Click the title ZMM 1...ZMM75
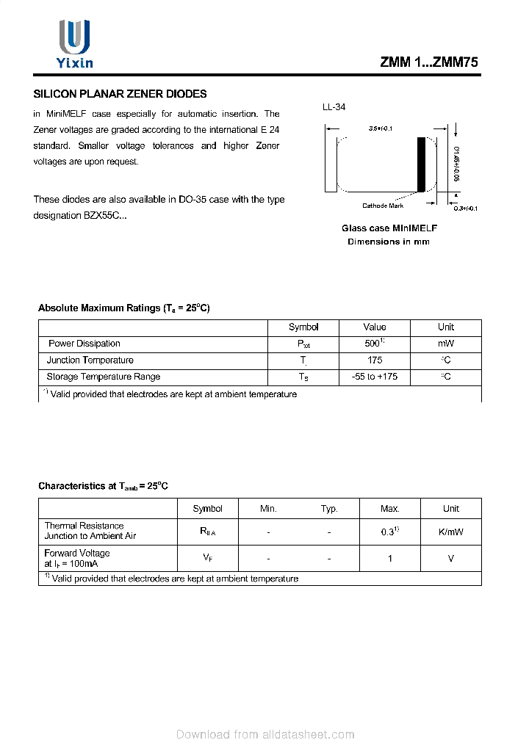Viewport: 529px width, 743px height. pyautogui.click(x=429, y=63)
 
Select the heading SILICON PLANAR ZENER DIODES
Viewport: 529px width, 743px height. pyautogui.click(x=120, y=94)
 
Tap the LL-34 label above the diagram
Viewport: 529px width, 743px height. pyautogui.click(x=334, y=107)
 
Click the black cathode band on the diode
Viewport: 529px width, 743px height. pyautogui.click(x=421, y=165)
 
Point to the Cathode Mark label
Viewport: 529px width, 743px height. pyautogui.click(x=383, y=206)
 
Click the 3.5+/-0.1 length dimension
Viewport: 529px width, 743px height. pyautogui.click(x=381, y=129)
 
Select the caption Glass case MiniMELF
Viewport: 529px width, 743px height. pyautogui.click(x=389, y=228)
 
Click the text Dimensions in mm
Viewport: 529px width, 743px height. pyautogui.click(x=388, y=242)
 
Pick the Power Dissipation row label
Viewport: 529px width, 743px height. pyautogui.click(x=84, y=344)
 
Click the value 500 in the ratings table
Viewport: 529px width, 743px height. pyautogui.click(x=373, y=344)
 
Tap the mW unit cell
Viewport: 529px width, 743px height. pyautogui.click(x=445, y=344)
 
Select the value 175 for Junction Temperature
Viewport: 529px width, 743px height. pyautogui.click(x=374, y=360)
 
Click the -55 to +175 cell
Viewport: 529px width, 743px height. pyautogui.click(x=374, y=377)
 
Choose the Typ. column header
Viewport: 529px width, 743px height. pyautogui.click(x=329, y=509)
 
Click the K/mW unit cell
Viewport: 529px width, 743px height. pyautogui.click(x=450, y=532)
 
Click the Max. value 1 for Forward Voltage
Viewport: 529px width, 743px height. pyautogui.click(x=389, y=559)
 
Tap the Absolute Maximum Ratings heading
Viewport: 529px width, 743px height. pyautogui.click(x=123, y=308)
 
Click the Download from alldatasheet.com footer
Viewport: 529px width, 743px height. pyautogui.click(x=265, y=734)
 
